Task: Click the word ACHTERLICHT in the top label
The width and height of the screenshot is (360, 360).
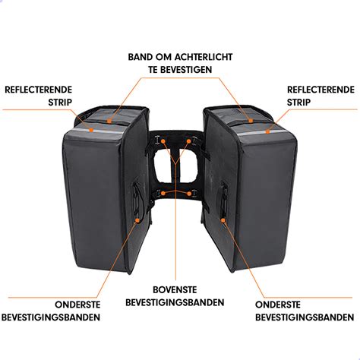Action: click(x=204, y=57)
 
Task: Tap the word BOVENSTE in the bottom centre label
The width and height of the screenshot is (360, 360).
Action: click(x=175, y=289)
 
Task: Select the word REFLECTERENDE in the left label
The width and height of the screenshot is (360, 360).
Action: click(x=39, y=90)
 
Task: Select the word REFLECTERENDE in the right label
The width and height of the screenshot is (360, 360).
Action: click(x=321, y=90)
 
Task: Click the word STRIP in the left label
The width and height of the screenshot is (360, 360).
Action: click(x=60, y=103)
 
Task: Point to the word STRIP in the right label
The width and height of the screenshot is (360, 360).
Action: click(x=298, y=103)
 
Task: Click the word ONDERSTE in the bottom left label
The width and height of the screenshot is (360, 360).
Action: click(x=77, y=305)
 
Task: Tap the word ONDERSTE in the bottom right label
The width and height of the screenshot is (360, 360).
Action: click(x=278, y=305)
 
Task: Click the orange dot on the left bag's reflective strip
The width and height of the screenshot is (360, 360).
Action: click(x=91, y=130)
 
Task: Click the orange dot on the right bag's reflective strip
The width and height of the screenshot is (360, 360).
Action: click(x=267, y=131)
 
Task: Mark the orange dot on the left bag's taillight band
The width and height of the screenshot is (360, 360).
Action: click(x=109, y=122)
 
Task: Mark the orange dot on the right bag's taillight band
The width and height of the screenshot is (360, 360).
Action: click(x=251, y=121)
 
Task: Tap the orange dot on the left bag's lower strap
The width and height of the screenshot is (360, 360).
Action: click(x=137, y=220)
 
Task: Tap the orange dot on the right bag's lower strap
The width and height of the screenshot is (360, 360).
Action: click(x=223, y=220)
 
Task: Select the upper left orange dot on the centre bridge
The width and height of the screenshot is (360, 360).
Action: click(x=163, y=141)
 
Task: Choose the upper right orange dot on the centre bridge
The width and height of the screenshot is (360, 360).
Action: click(x=188, y=141)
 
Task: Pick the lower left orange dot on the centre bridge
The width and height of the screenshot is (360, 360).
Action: click(x=163, y=194)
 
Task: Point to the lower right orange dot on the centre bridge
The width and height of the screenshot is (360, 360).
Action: click(x=189, y=194)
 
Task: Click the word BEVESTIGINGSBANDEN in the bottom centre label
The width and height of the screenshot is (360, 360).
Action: click(x=175, y=302)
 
